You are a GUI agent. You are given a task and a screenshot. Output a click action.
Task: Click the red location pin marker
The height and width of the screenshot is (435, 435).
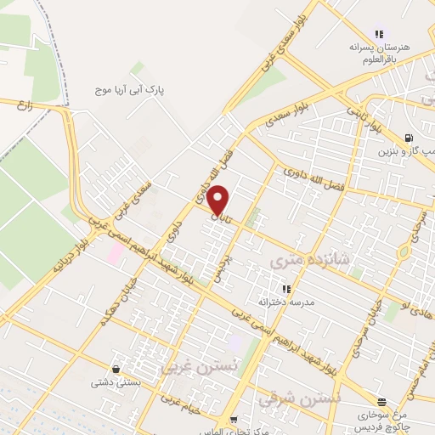[219, 200]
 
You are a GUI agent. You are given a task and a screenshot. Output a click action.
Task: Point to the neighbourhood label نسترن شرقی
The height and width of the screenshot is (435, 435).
[300, 397]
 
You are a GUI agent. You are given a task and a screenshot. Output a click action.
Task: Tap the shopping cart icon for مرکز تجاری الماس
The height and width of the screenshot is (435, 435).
[233, 420]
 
